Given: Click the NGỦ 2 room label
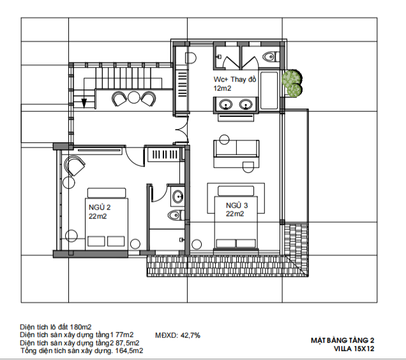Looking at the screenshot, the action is pyautogui.click(x=100, y=207).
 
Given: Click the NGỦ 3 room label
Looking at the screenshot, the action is pyautogui.click(x=237, y=206).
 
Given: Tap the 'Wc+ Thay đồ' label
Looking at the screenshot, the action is pyautogui.click(x=235, y=79).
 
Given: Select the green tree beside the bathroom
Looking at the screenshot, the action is pyautogui.click(x=292, y=84).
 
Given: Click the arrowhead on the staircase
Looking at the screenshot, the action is pyautogui.click(x=84, y=103).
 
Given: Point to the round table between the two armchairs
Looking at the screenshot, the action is pyautogui.click(x=134, y=98).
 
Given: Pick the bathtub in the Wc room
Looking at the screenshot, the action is pyautogui.click(x=269, y=91).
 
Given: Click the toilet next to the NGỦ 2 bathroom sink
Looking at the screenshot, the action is pyautogui.click(x=176, y=215).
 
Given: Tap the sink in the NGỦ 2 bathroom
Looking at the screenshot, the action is pyautogui.click(x=177, y=197).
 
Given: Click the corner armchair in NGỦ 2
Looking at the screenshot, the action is pyautogui.click(x=75, y=165).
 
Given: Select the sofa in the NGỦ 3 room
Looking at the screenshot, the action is pyautogui.click(x=236, y=149).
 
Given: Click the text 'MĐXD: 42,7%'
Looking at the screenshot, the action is pyautogui.click(x=177, y=335).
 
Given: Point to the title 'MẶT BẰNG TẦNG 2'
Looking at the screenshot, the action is pyautogui.click(x=343, y=340).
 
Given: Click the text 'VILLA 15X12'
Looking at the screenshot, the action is pyautogui.click(x=354, y=349).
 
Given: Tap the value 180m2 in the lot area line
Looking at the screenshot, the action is pyautogui.click(x=80, y=327).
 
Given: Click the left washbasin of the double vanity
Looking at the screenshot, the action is pyautogui.click(x=225, y=105).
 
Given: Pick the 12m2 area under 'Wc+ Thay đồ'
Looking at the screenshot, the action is pyautogui.click(x=222, y=88).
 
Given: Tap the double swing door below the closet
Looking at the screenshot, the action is pyautogui.click(x=183, y=130).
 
